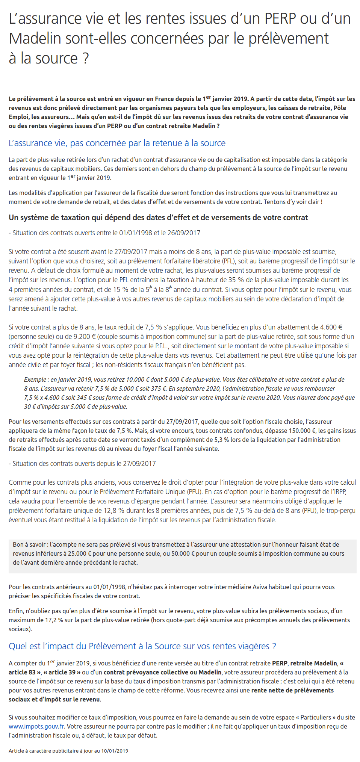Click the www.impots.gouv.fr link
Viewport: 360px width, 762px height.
click(36, 726)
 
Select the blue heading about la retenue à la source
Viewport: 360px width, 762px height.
click(117, 143)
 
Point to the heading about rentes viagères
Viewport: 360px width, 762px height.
click(142, 646)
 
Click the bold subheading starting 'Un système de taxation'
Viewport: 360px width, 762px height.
click(158, 218)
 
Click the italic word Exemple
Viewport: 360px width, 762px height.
click(36, 379)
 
